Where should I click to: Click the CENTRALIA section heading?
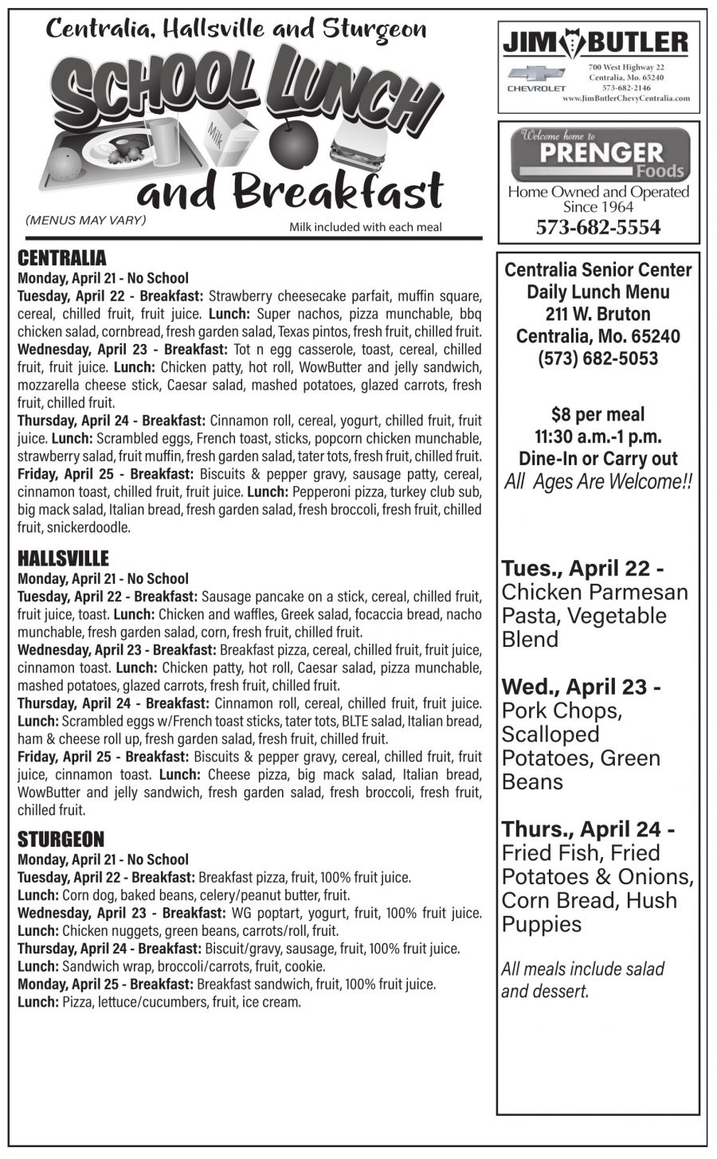61,258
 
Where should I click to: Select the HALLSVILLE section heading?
63,558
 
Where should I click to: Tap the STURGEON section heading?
61,840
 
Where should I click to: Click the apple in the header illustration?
288,143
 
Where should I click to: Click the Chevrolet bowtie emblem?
537,74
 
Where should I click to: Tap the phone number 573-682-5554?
598,228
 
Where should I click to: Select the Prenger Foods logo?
601,155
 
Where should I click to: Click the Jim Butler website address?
625,99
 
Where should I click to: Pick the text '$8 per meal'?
597,414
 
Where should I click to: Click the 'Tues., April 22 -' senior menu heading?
582,569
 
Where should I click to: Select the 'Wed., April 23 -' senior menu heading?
581,687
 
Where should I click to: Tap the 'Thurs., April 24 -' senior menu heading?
589,829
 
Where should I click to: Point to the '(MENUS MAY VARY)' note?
86,220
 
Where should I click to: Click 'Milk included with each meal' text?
365,227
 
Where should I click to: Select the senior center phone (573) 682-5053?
597,358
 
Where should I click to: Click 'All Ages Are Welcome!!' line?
597,482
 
